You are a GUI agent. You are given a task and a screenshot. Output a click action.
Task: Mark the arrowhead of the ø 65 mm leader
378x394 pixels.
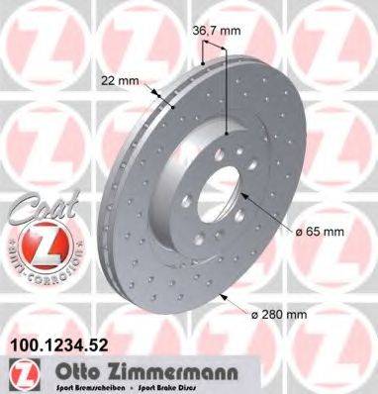pos(238,199)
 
